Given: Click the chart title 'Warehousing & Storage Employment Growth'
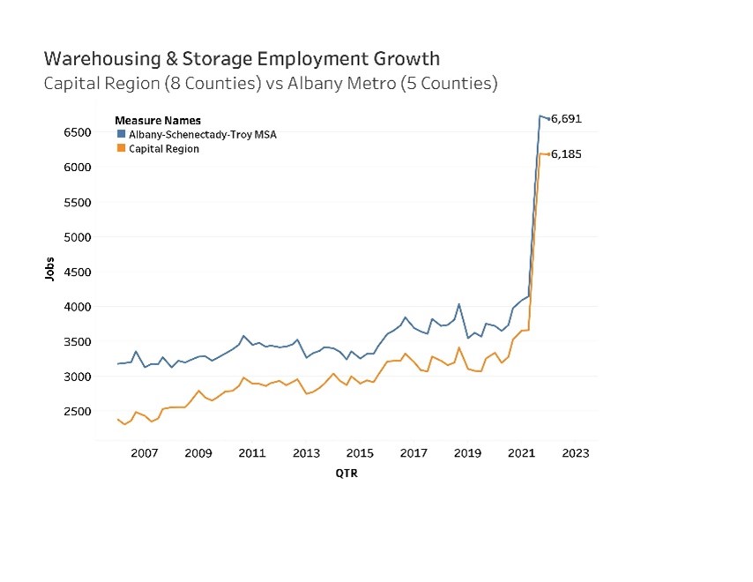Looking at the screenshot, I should [x=241, y=59].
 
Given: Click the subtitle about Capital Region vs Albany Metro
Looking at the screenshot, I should [x=271, y=85].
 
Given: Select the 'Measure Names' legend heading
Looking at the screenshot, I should [x=158, y=120].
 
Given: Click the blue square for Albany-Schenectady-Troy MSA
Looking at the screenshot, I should [x=121, y=134].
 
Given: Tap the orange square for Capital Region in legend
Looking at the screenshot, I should [x=121, y=149].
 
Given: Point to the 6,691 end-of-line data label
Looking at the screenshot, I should [x=566, y=118].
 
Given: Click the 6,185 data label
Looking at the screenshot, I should [x=566, y=154].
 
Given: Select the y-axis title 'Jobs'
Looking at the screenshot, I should [x=49, y=269].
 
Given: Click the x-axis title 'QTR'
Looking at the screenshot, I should [x=346, y=473].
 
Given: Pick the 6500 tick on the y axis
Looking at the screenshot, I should [x=77, y=132].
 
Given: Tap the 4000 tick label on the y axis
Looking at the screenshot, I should [x=77, y=307].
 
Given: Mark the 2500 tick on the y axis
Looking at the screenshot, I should [x=77, y=412].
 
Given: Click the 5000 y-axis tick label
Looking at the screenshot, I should [x=77, y=237].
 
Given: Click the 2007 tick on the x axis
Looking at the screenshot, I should [x=144, y=453].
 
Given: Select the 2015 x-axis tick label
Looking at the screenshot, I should [x=360, y=453].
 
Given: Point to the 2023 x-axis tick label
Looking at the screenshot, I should [x=575, y=453].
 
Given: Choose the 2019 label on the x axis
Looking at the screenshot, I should [x=467, y=453].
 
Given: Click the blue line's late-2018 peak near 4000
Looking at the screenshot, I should [x=459, y=304].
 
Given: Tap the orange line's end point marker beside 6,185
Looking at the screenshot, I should [x=548, y=154].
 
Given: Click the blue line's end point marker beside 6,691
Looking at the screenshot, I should [x=548, y=119].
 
